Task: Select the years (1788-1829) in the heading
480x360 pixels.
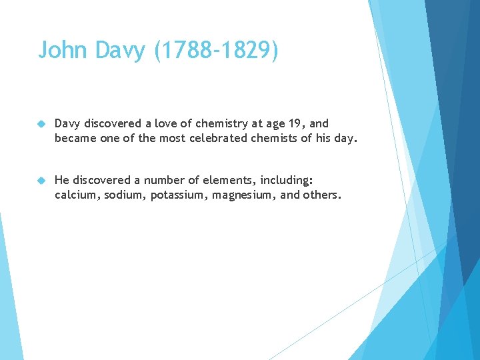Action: tap(217, 50)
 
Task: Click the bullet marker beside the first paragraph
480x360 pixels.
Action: tap(41, 124)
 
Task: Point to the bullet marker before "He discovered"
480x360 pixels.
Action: tap(41, 180)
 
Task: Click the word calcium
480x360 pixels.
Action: tap(74, 195)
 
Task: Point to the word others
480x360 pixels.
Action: tap(323, 195)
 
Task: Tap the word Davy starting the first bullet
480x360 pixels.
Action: tap(67, 123)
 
